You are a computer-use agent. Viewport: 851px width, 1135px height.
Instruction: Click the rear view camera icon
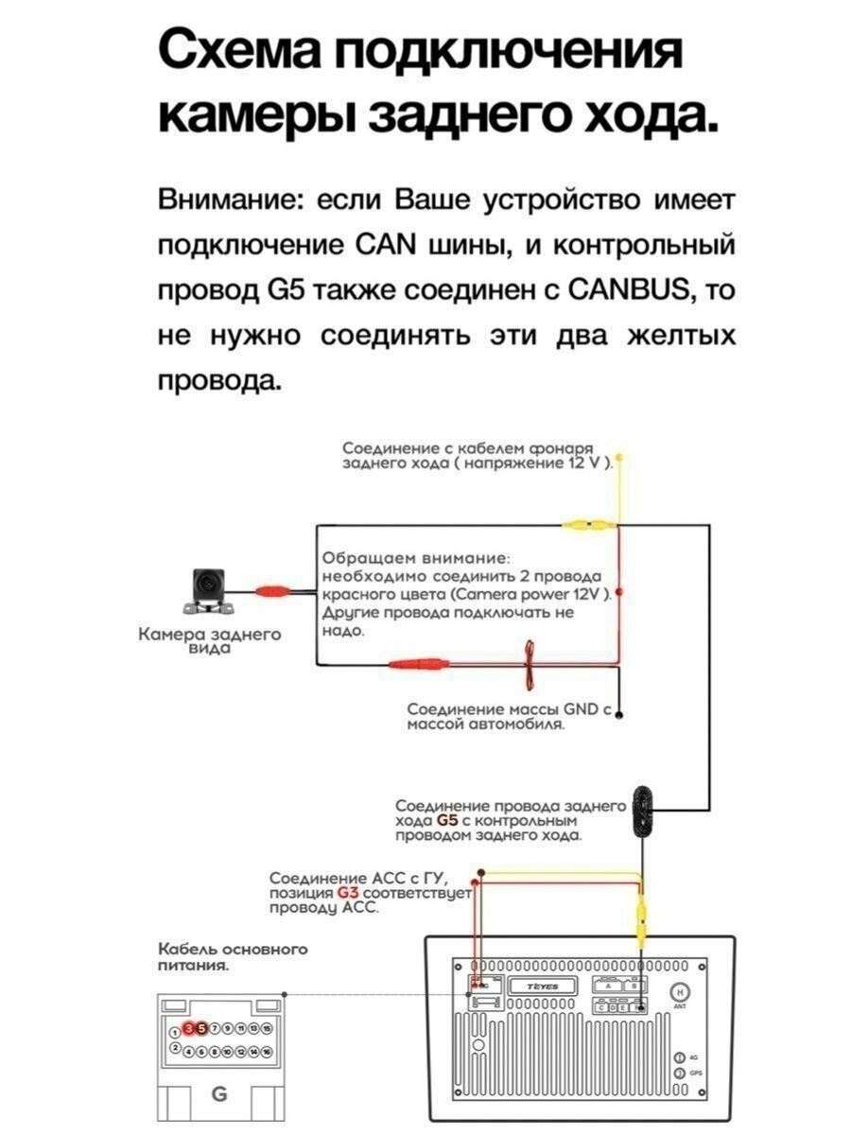(205, 589)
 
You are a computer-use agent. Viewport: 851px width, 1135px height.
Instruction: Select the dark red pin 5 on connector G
(201, 1028)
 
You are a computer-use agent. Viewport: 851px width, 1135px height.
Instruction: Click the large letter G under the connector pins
(219, 1093)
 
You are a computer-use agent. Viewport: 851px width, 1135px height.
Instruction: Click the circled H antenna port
(678, 992)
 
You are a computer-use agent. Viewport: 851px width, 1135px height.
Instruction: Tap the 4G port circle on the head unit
(678, 1057)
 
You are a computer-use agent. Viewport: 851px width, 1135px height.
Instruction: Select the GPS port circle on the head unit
(678, 1074)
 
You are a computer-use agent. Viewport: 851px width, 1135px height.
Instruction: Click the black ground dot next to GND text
(618, 716)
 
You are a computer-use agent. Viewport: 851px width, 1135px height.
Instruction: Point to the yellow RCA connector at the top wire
(588, 522)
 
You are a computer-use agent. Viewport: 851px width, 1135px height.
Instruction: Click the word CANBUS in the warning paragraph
(627, 291)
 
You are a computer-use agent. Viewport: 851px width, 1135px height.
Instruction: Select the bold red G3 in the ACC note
(348, 893)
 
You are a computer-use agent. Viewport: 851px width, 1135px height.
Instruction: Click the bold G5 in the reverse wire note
(448, 820)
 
